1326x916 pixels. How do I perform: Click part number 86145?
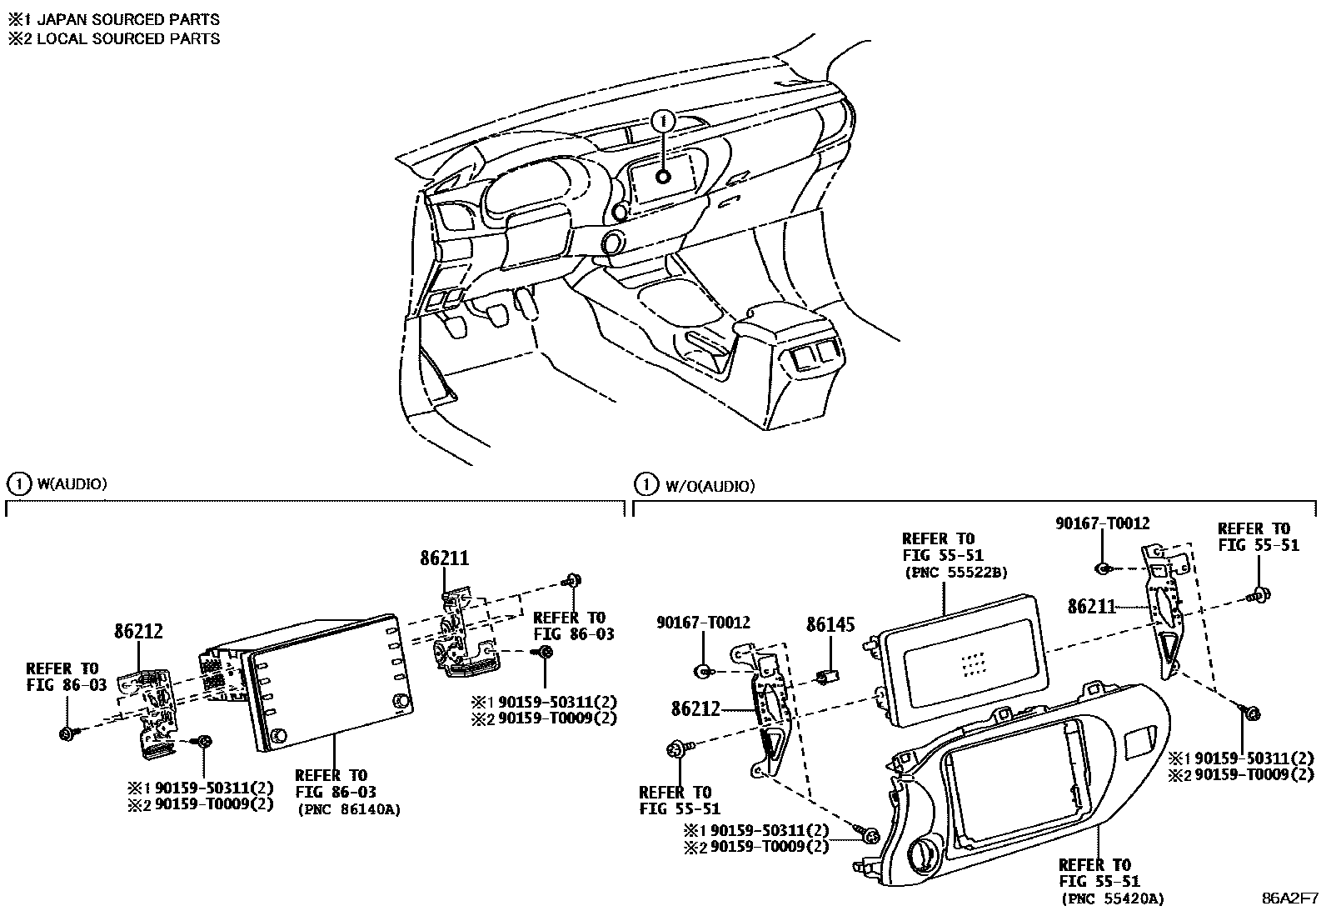830,625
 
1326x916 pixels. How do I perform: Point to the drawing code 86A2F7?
1289,898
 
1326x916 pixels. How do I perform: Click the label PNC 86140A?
348,809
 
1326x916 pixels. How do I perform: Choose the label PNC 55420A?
1112,898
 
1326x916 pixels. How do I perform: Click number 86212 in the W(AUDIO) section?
139,631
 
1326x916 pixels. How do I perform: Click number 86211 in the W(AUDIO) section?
445,558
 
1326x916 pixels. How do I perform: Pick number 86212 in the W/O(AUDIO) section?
696,709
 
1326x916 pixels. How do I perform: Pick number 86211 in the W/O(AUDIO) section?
1092,607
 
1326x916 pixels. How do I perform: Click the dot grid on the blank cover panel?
972,663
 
